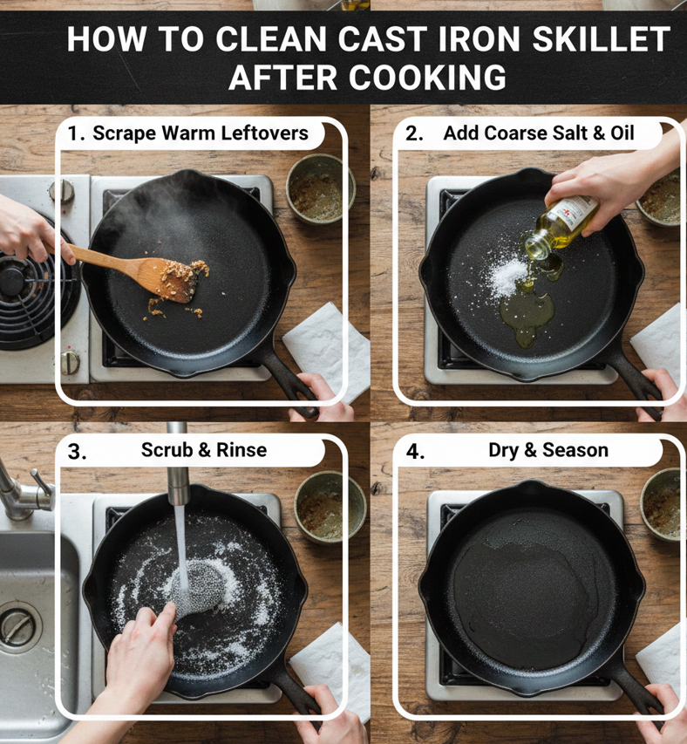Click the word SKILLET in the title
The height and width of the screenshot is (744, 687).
pos(602,39)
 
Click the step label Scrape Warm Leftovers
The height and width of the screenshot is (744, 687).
pos(201,133)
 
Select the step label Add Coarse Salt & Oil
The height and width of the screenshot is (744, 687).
pos(539,133)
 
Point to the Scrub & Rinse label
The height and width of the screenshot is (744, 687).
pos(204,450)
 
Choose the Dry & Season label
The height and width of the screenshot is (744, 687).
pos(548,450)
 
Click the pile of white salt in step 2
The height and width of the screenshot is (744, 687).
pos(507,276)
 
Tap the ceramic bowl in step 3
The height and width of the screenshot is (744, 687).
pos(330,508)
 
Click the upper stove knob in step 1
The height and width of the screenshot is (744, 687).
pos(62,191)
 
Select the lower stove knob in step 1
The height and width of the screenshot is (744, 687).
pos(70,362)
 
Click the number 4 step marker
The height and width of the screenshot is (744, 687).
pos(415,451)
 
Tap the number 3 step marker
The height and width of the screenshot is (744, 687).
pos(77,451)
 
